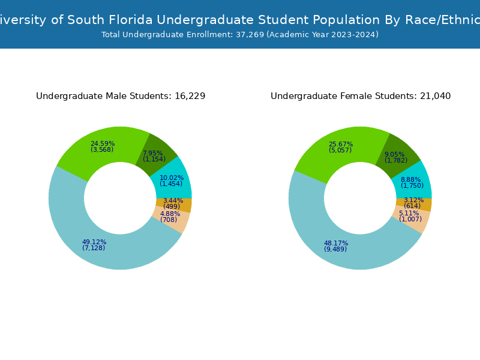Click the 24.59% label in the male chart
(x=102, y=144)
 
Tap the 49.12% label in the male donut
(x=94, y=242)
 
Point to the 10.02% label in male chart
(x=171, y=178)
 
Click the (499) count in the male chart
(x=172, y=207)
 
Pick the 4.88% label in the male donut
(x=170, y=214)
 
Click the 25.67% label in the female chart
(x=340, y=145)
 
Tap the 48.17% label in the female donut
(x=335, y=244)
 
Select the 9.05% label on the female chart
(x=394, y=155)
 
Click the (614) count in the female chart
(x=412, y=206)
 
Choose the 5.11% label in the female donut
(x=409, y=214)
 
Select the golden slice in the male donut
(x=184, y=205)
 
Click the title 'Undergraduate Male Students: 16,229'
(x=121, y=97)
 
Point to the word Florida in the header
(x=123, y=20)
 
